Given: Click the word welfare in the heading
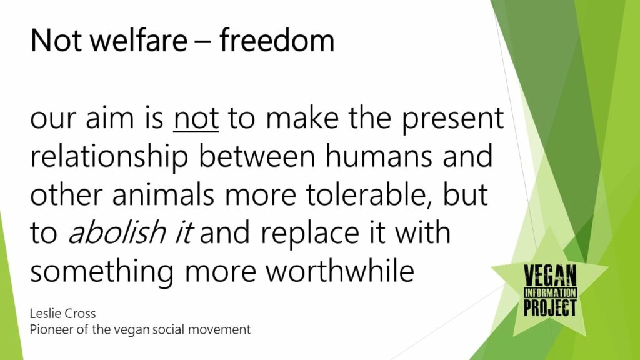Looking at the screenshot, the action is tap(138, 41).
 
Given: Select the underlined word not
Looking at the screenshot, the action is tap(196, 118).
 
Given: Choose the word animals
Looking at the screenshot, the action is tap(163, 195).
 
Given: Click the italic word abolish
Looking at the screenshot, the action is tap(116, 232).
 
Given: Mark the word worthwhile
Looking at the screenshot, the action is tap(340, 271).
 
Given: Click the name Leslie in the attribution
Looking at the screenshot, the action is tap(44, 314).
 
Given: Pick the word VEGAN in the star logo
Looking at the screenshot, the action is tap(550, 276).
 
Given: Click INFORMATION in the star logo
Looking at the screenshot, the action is tap(550, 292).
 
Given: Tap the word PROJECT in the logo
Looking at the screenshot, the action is tap(550, 307).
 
